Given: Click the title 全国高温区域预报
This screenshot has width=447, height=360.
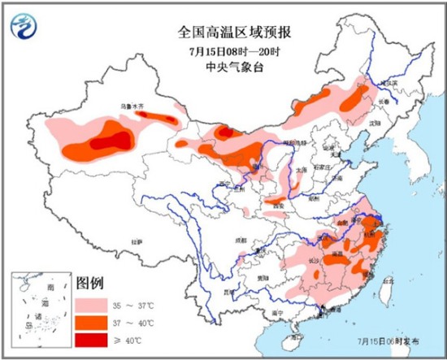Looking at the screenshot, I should pos(236,33).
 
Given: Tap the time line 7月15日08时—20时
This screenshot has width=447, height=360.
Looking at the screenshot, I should pos(236,50).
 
